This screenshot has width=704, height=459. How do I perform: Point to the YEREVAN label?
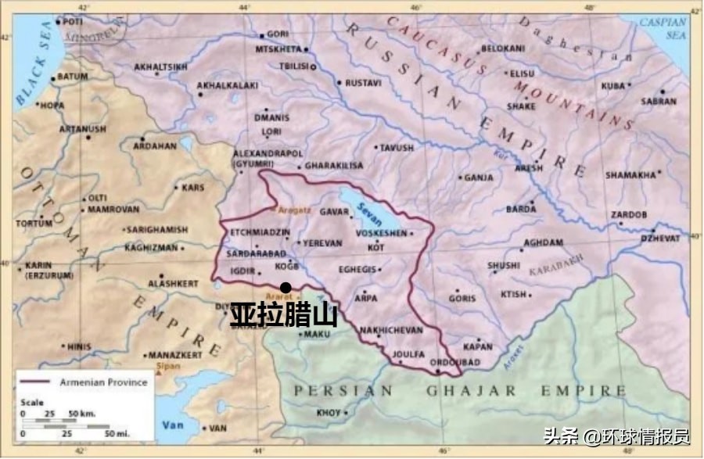pyautogui.click(x=322, y=243)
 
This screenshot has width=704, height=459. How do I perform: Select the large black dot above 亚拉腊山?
pyautogui.click(x=286, y=288)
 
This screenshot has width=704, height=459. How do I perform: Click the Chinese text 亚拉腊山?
pyautogui.click(x=283, y=315)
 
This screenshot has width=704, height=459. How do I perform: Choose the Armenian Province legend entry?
pyautogui.click(x=104, y=382)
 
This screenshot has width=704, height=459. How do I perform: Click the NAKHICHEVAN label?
pyautogui.click(x=391, y=331)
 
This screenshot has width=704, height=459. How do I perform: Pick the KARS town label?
pyautogui.click(x=192, y=188)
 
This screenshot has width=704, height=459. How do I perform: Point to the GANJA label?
pyautogui.click(x=479, y=178)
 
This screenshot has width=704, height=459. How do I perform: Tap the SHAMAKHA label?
pyautogui.click(x=630, y=175)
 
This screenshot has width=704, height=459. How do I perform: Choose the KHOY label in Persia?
pyautogui.click(x=329, y=412)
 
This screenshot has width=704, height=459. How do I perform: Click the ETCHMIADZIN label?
pyautogui.click(x=260, y=232)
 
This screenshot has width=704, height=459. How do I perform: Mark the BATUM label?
pyautogui.click(x=73, y=77)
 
